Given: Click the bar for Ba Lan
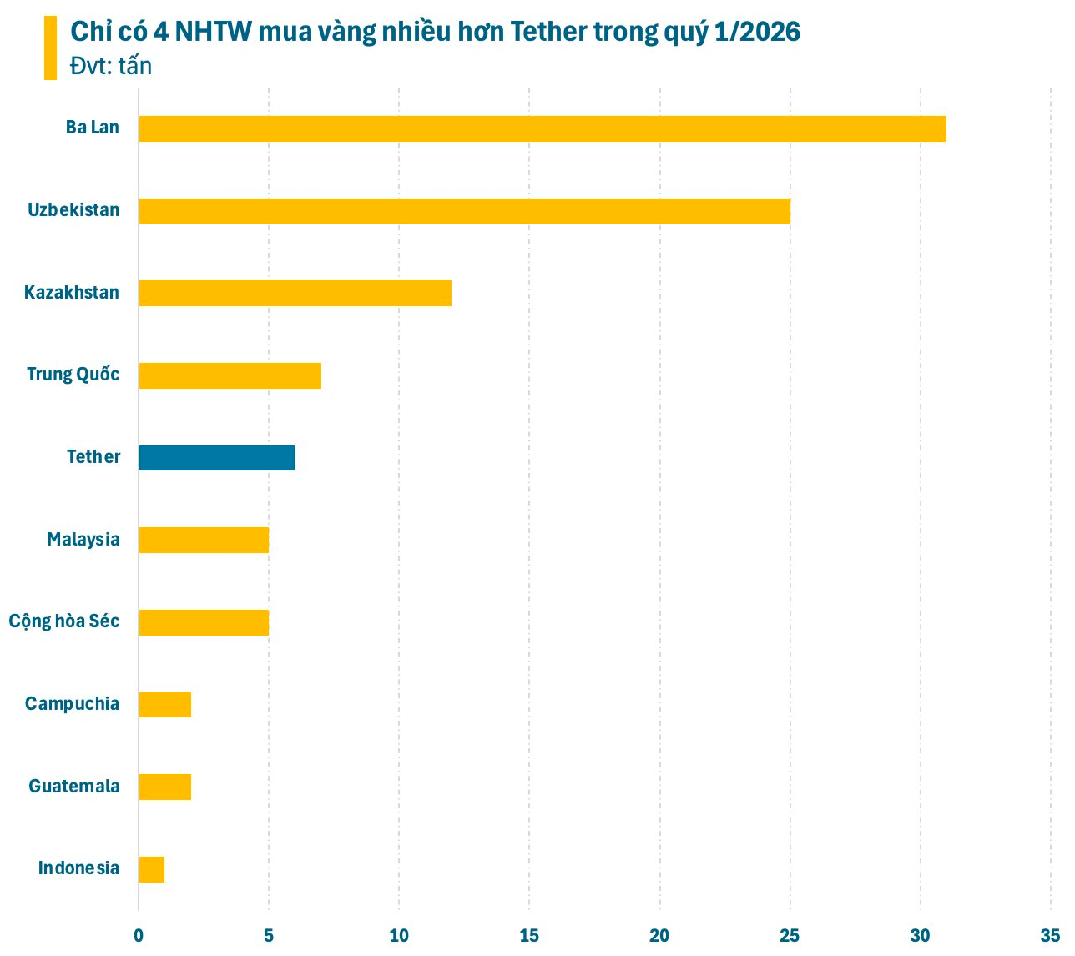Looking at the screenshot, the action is click(543, 129).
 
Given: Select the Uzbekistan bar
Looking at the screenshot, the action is click(464, 211).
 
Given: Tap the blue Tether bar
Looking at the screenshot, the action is click(216, 458).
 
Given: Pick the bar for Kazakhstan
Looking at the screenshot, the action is click(295, 294).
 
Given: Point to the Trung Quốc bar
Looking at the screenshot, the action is click(230, 375).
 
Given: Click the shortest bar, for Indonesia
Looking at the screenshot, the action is click(152, 869).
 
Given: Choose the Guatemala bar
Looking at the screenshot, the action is click(165, 787).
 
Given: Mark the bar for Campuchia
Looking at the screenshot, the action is click(165, 705).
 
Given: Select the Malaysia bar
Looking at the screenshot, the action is click(204, 540).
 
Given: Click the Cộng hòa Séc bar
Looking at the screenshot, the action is click(204, 622).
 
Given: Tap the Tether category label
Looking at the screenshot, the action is click(93, 457).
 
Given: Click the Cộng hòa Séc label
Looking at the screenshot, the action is click(64, 621).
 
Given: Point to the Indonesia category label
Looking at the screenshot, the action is click(78, 868).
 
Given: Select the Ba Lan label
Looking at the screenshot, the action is click(93, 128).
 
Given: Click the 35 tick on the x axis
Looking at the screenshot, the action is click(1050, 935).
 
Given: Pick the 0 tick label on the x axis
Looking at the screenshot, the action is click(139, 935).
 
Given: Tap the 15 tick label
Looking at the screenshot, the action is click(529, 935).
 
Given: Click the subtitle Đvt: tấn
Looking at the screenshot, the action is click(111, 66).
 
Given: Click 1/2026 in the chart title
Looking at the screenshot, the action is click(757, 32).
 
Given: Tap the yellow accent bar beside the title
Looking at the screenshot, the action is click(50, 48).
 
